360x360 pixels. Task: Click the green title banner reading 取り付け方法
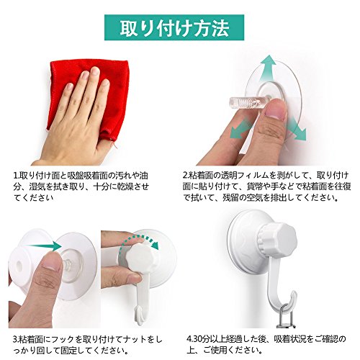pyautogui.click(x=174, y=27)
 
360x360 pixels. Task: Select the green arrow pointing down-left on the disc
pyautogui.click(x=240, y=129)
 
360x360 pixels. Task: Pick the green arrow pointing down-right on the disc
pyautogui.click(x=297, y=130)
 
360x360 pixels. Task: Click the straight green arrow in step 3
pyautogui.click(x=43, y=246)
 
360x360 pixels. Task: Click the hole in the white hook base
pyautogui.click(x=19, y=265)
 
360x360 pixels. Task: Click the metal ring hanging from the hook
pyautogui.click(x=285, y=317)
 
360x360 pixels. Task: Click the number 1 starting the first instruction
pyautogui.click(x=15, y=176)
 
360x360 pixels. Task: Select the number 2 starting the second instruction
pyautogui.click(x=185, y=176)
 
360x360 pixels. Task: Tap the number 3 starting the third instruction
pyautogui.click(x=14, y=340)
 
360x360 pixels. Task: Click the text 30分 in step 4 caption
pyautogui.click(x=200, y=339)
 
